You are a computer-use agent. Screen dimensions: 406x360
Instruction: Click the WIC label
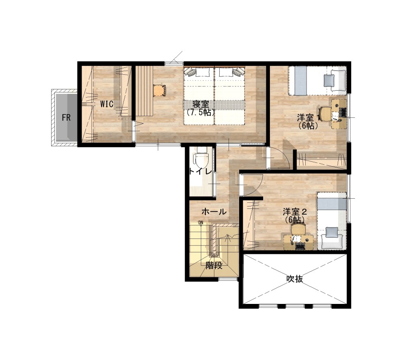(107, 104)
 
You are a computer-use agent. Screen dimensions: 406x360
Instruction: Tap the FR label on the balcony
(66, 118)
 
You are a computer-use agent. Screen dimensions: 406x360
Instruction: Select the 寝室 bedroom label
(201, 104)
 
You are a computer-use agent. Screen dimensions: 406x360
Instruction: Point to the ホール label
(214, 212)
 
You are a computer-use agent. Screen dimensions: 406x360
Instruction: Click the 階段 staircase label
(214, 265)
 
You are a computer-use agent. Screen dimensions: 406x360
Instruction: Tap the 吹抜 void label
(295, 279)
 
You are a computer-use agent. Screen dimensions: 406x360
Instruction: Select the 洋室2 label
(295, 212)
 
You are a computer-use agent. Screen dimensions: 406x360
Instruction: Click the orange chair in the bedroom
(159, 91)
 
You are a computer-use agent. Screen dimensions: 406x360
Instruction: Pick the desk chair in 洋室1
(325, 113)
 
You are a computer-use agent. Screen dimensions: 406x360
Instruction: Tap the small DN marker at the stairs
(201, 223)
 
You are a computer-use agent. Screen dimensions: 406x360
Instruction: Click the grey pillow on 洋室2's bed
(332, 232)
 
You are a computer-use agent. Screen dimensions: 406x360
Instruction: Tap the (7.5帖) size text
(201, 113)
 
